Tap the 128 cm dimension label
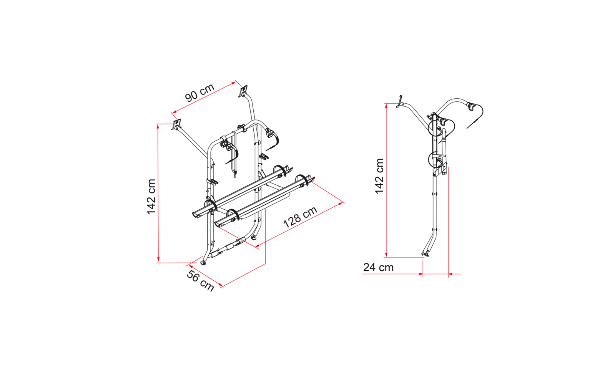point(300,217)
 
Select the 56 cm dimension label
point(200,281)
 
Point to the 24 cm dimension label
point(378,267)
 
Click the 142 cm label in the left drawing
point(151,197)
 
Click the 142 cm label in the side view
point(379,176)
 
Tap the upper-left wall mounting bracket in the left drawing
point(176,124)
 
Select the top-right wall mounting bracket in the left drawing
point(243,91)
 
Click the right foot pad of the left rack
point(254,238)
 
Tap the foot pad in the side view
point(426,255)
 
